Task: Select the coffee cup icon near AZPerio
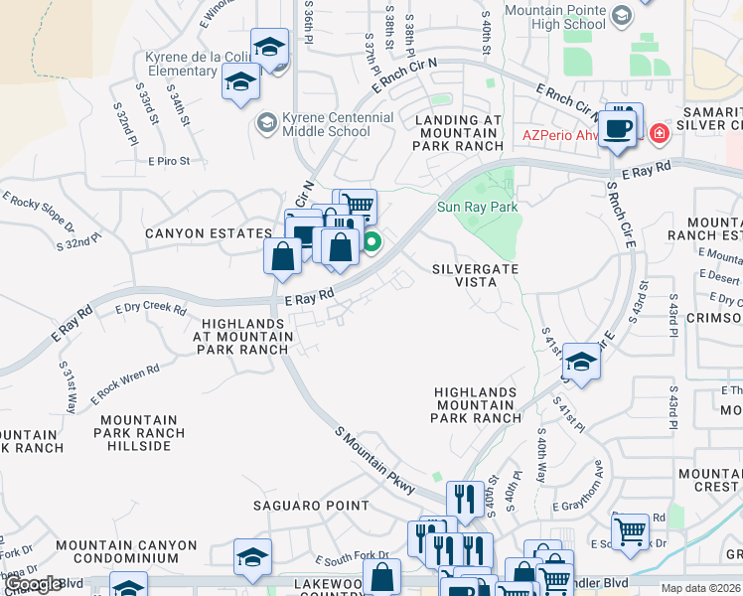[x=620, y=129]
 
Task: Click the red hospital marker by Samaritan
[x=658, y=133]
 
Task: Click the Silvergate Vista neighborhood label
[x=464, y=275]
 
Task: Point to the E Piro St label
[x=177, y=160]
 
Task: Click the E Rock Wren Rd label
[x=125, y=384]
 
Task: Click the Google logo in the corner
[x=34, y=584]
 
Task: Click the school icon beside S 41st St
[x=581, y=361]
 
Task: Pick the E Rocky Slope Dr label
[x=39, y=210]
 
